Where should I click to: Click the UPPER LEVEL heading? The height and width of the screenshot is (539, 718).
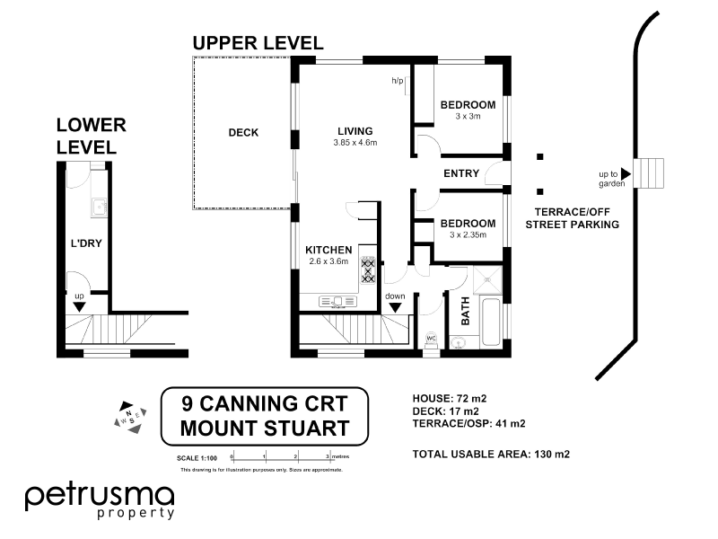258,43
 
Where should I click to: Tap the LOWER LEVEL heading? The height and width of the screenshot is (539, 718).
92,136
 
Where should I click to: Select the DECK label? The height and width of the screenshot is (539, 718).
243,133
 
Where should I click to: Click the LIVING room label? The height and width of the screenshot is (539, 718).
355,130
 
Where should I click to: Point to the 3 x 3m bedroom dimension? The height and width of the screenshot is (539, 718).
468,116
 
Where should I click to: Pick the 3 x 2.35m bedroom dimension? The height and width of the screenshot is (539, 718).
468,235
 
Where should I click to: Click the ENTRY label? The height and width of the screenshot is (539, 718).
461,173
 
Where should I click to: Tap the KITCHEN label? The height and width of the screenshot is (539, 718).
327,249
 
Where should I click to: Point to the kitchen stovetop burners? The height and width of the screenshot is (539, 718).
368,269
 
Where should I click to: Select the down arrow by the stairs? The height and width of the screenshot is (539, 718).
395,306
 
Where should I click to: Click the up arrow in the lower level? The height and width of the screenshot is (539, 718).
79,305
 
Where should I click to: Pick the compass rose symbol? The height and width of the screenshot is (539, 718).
128,416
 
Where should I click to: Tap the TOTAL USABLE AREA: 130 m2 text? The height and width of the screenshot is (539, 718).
491,454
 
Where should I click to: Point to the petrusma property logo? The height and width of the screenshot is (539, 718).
100,500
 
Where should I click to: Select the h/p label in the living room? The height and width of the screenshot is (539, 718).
397,81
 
